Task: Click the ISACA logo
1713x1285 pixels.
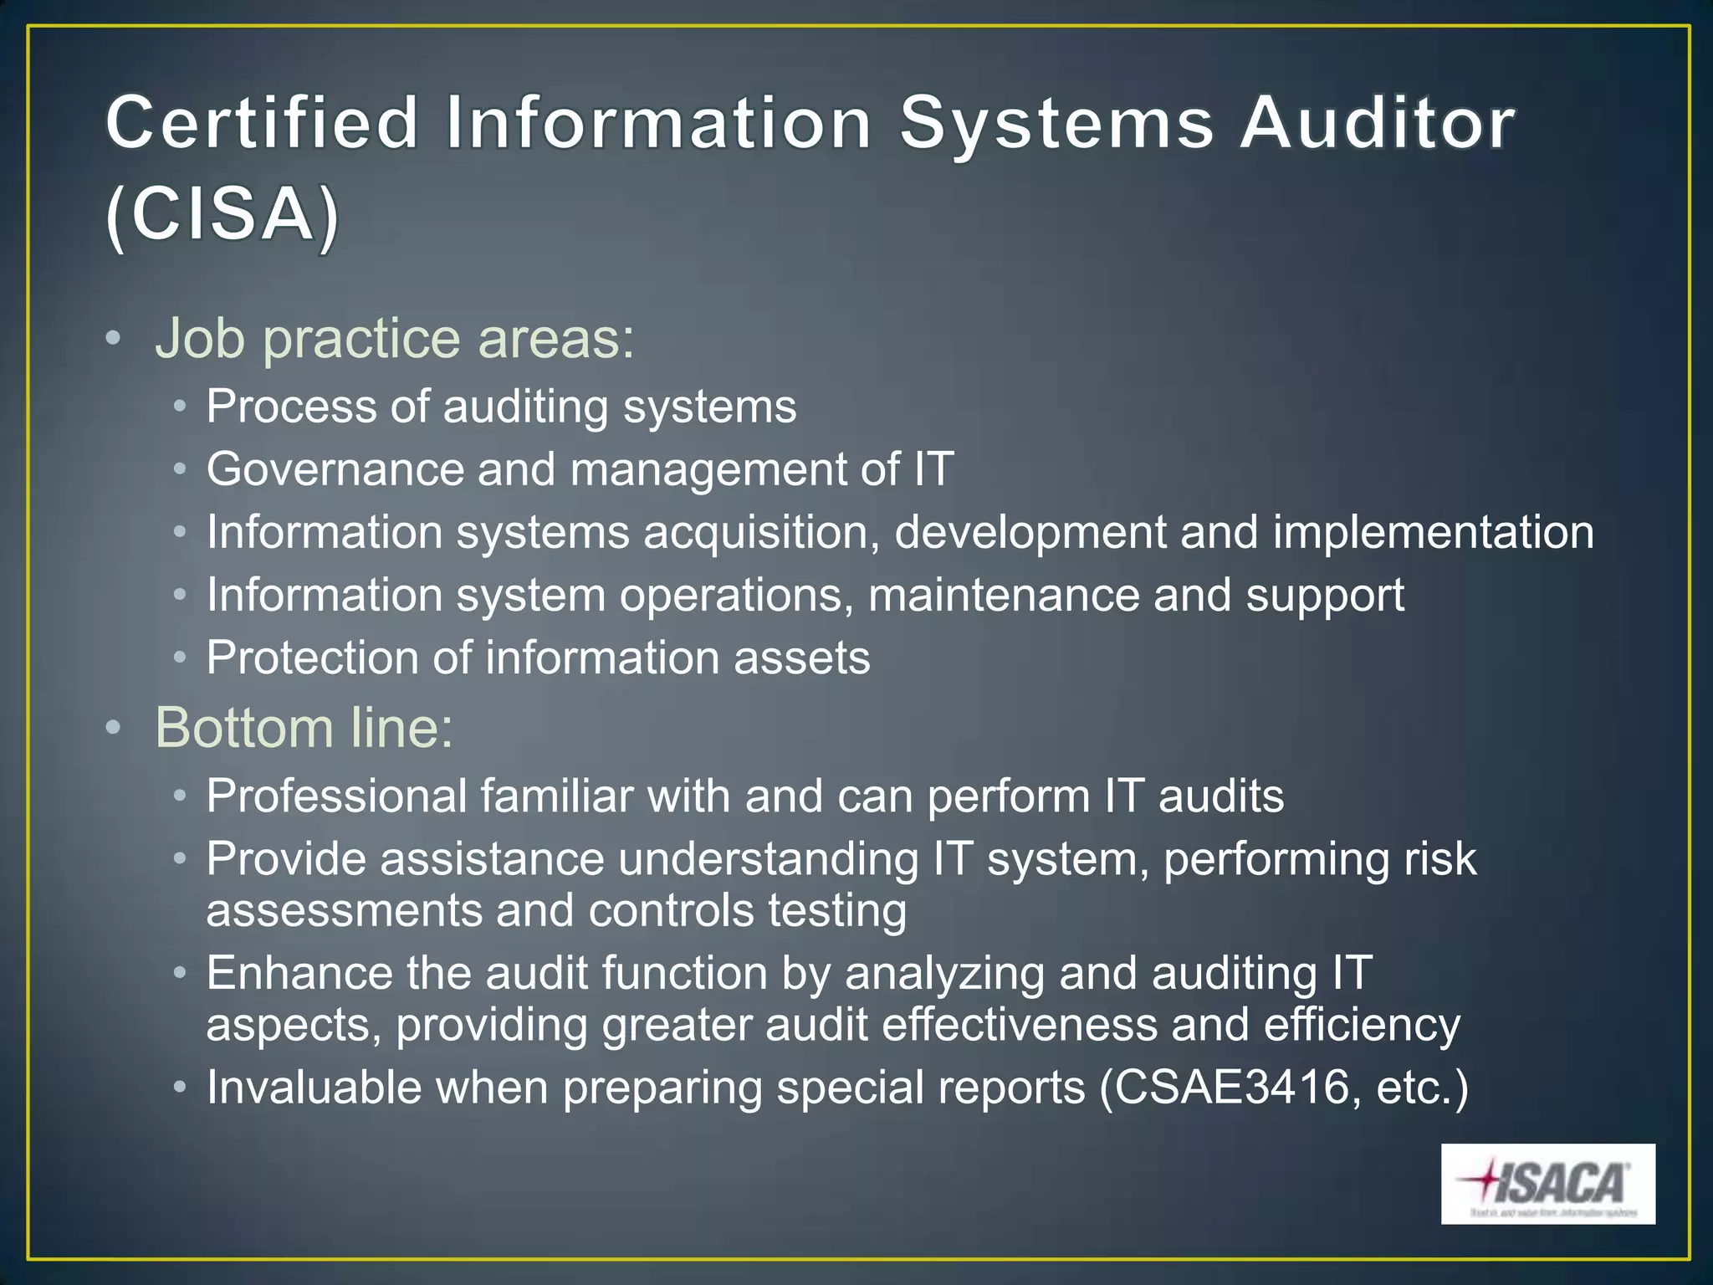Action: (x=1547, y=1184)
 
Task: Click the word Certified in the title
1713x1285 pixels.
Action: (x=262, y=123)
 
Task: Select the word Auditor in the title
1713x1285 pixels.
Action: (x=1377, y=123)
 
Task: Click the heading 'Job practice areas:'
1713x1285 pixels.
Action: (x=395, y=339)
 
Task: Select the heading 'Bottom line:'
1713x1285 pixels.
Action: (x=304, y=727)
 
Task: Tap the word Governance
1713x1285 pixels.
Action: (x=335, y=469)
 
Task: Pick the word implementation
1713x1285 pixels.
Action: (x=1434, y=533)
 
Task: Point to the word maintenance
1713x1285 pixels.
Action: (x=1004, y=596)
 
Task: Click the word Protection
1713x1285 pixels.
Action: (x=312, y=658)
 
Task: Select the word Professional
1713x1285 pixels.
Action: (x=336, y=796)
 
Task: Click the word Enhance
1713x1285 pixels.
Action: (x=299, y=973)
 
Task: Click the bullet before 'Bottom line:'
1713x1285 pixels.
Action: (x=114, y=727)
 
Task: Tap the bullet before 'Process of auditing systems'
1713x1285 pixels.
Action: (x=180, y=407)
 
